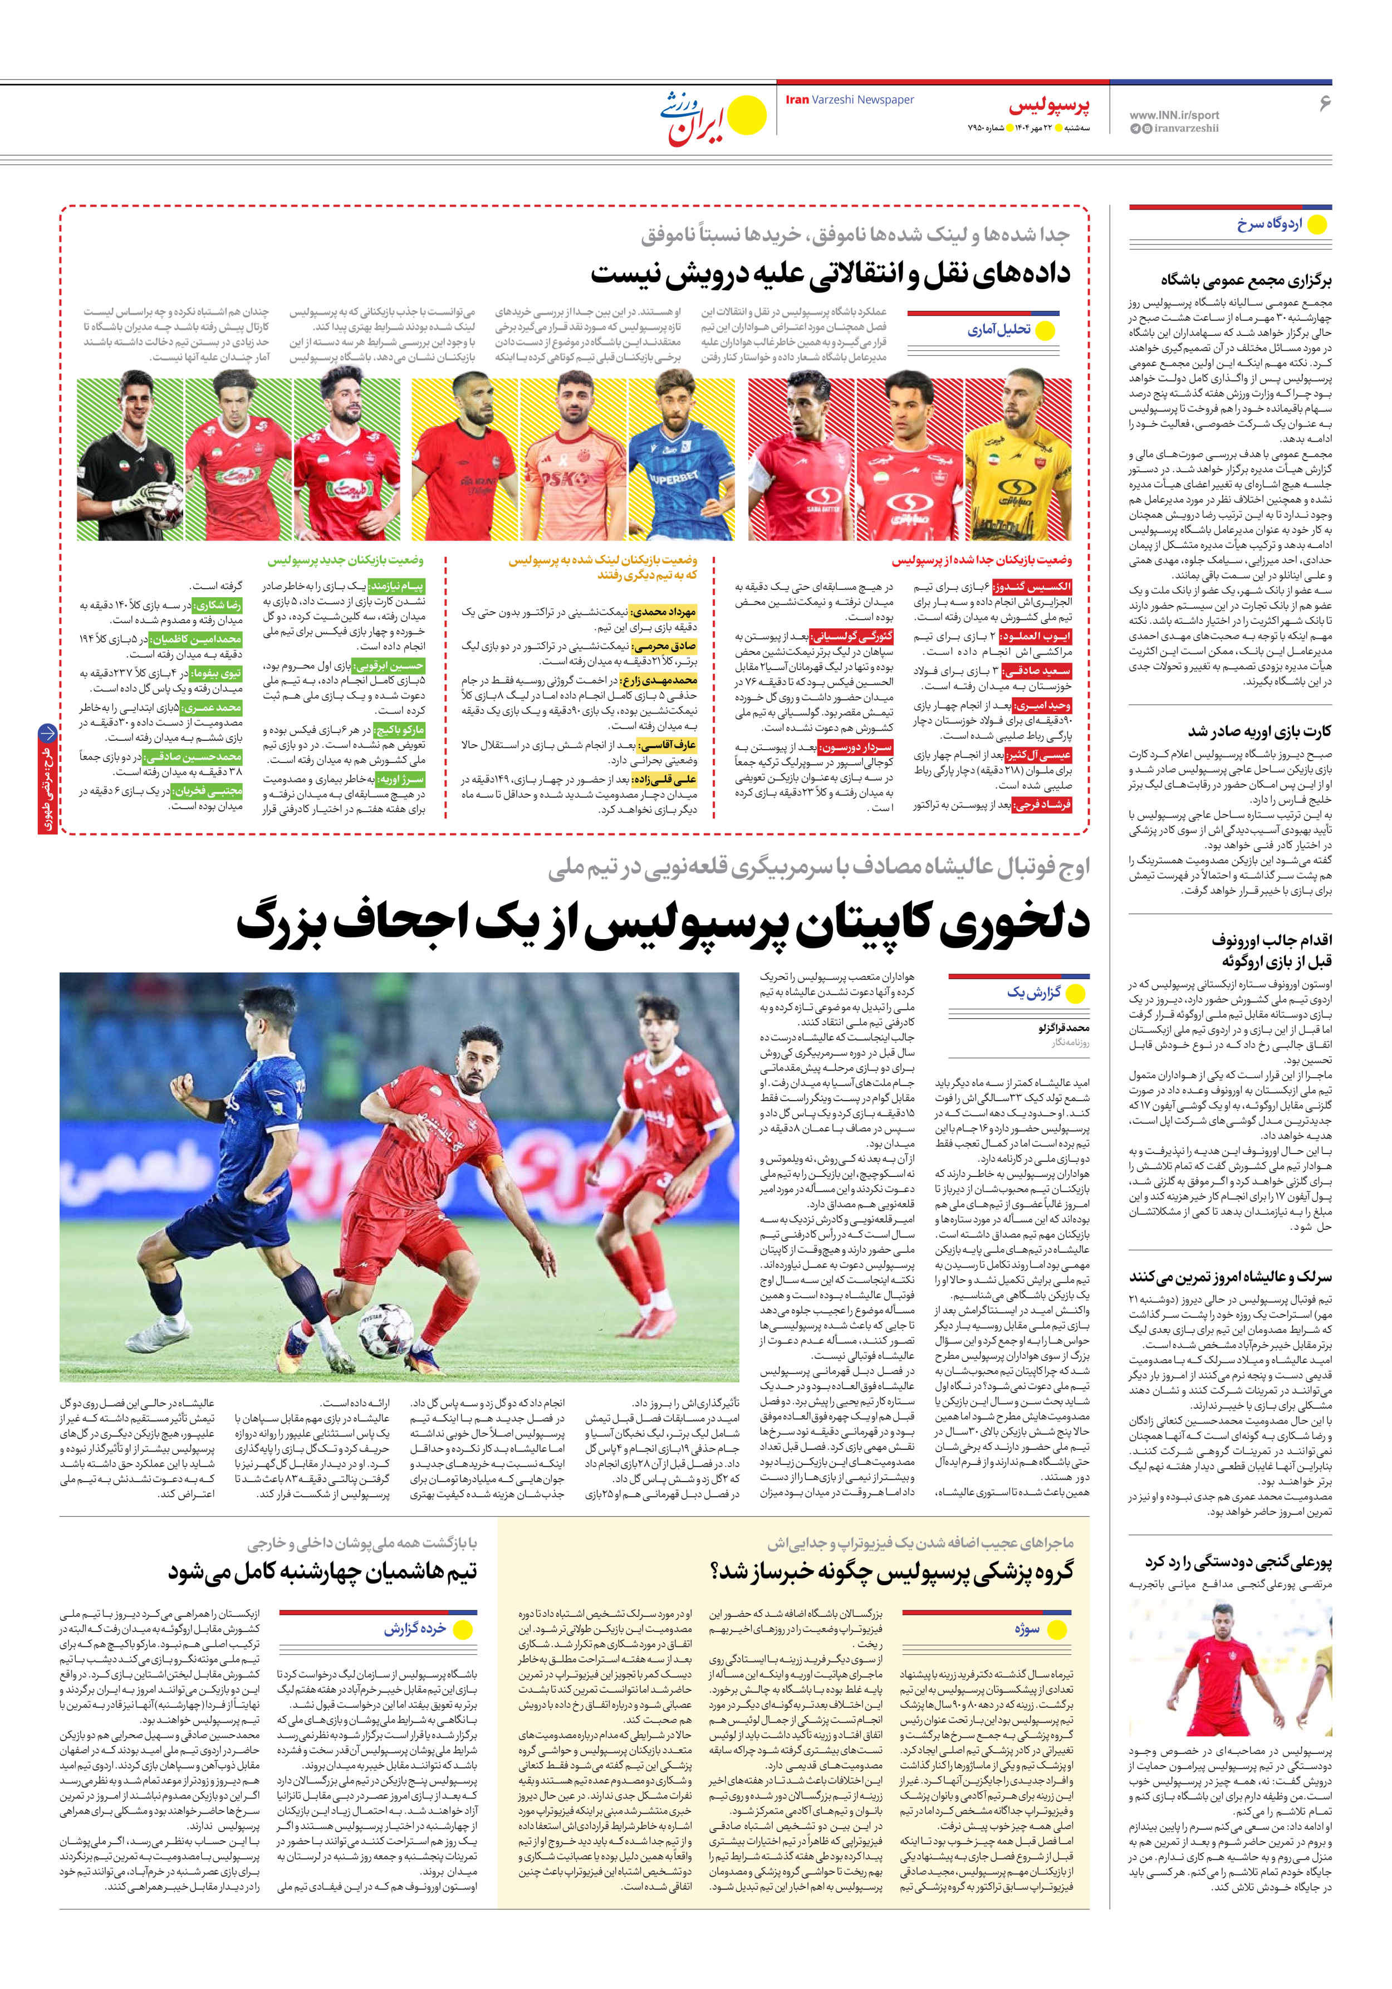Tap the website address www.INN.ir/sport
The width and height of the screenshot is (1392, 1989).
click(1174, 114)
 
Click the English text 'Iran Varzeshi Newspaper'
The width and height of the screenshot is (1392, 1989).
click(849, 100)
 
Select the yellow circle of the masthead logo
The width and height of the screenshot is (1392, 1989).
click(747, 116)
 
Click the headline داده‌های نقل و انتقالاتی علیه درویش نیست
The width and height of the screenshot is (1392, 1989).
click(830, 273)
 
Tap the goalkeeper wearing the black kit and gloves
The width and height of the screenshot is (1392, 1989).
click(130, 459)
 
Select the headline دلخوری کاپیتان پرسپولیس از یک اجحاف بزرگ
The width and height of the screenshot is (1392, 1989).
click(663, 922)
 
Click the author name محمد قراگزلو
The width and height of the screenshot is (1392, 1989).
click(1063, 1028)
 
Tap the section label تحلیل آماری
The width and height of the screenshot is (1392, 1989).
click(999, 330)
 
